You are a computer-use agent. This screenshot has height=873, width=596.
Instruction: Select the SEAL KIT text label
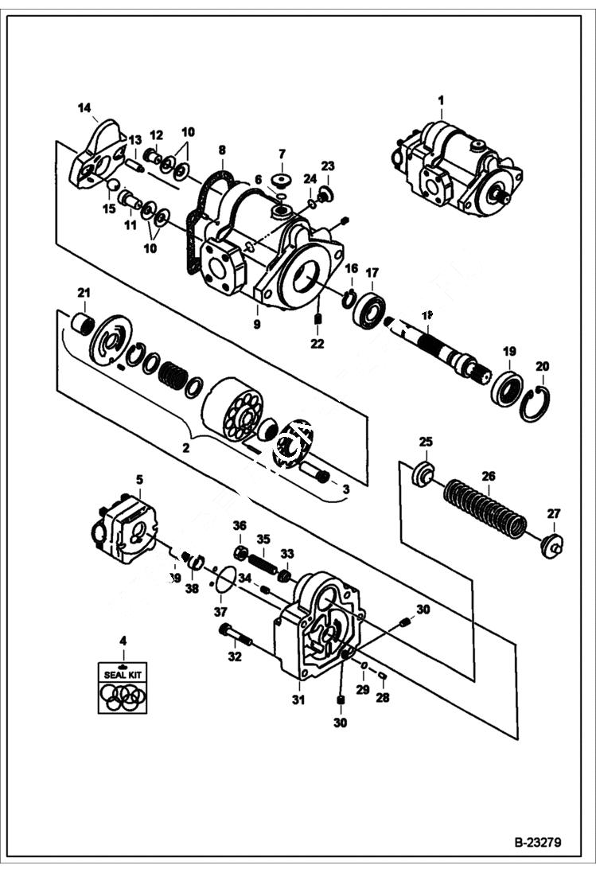122,673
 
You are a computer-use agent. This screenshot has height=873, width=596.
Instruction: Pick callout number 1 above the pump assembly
442,100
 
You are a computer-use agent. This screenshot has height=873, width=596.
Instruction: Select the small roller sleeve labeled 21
83,325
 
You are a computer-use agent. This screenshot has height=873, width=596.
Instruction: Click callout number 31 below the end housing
298,700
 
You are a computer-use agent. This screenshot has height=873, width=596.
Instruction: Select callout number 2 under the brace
185,448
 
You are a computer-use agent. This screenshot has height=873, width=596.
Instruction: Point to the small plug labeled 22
317,322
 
